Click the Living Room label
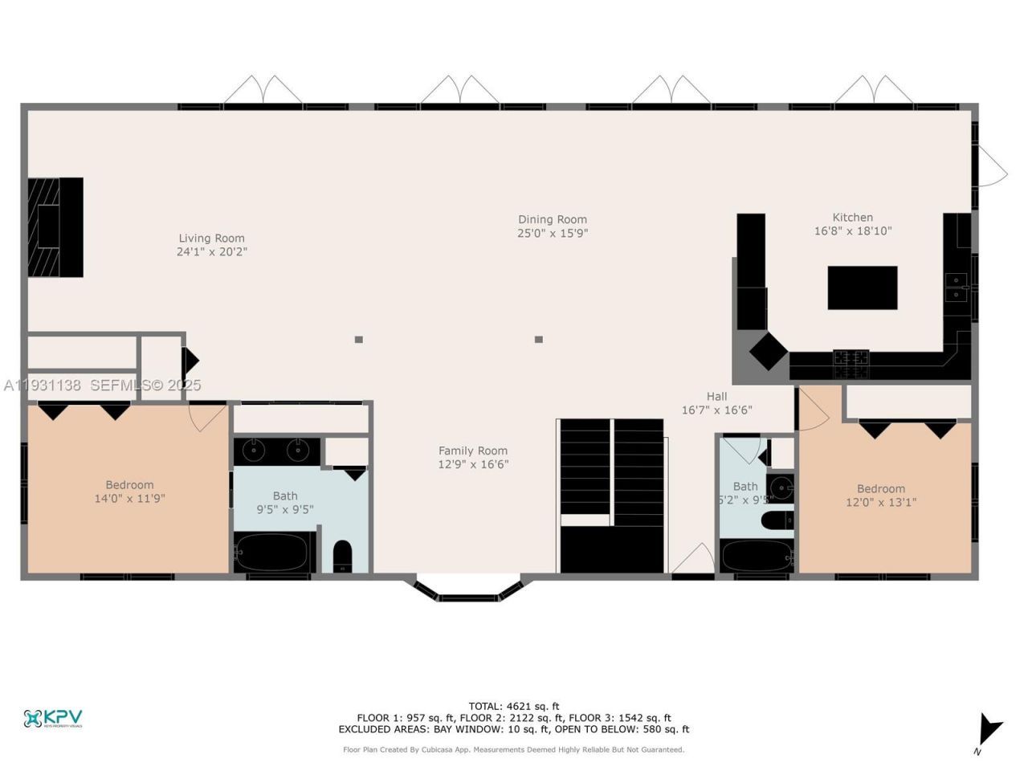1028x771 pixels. point(211,238)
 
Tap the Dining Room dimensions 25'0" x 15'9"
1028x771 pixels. point(552,234)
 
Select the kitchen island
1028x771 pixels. point(862,288)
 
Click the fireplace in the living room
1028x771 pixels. point(55,227)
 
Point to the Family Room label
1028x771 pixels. point(472,451)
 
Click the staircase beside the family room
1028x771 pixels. point(612,496)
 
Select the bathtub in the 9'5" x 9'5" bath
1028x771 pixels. point(271,552)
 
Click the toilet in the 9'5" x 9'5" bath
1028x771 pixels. point(342,555)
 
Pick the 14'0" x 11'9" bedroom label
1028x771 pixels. point(129,485)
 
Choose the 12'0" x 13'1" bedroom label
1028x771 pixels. point(880,488)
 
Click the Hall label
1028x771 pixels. point(716,396)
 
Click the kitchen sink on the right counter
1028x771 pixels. point(957,286)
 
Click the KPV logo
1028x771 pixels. point(53,718)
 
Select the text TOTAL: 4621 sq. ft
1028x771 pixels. point(514,707)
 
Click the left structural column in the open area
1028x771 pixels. point(358,339)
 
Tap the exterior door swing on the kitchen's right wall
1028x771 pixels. point(990,167)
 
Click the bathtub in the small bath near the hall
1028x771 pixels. point(756,556)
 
